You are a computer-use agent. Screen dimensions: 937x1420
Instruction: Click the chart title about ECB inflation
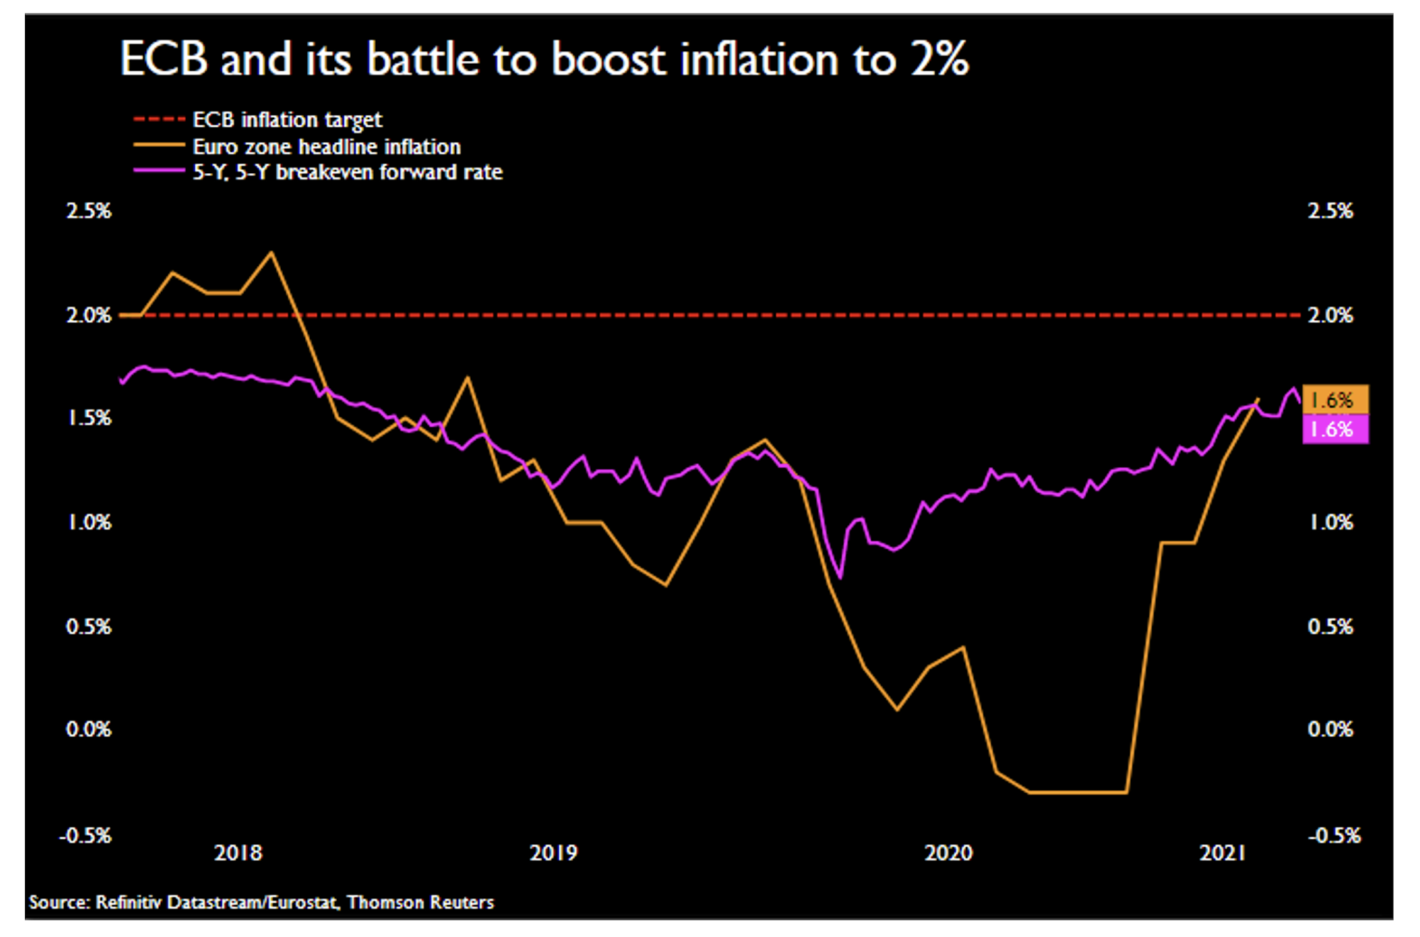544,59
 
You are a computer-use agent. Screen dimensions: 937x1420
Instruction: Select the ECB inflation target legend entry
287,120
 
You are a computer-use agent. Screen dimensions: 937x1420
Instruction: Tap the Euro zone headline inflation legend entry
326,147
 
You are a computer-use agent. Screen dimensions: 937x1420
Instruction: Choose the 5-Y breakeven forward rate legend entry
347,172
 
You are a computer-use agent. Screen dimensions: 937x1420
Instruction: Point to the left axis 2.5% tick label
89,211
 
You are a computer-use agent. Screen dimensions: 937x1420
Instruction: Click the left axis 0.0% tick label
89,729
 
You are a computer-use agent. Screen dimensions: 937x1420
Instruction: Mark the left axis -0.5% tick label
86,835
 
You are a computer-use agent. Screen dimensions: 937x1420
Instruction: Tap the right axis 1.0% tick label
1331,522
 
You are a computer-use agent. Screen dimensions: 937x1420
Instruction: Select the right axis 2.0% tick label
1331,315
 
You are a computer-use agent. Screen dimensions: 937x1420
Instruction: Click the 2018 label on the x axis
238,852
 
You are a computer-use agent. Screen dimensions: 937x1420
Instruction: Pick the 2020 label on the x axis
948,852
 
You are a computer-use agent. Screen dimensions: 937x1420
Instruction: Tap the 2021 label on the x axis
1223,852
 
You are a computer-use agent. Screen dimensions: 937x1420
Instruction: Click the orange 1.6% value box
1335,400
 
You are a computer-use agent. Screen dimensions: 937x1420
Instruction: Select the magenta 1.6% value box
1335,430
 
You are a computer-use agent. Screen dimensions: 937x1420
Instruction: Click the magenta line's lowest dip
840,577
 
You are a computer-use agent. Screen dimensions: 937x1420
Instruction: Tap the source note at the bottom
261,902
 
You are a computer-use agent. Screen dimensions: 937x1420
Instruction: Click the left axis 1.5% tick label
89,418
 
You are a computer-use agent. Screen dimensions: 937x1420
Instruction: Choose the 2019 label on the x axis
553,852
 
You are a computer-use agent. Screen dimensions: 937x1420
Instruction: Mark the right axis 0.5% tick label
1331,627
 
